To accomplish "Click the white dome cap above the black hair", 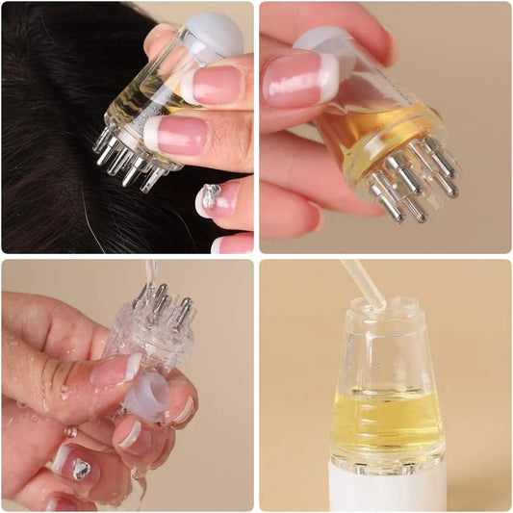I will tap(214, 36).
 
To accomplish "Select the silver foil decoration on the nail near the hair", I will tap(212, 195).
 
